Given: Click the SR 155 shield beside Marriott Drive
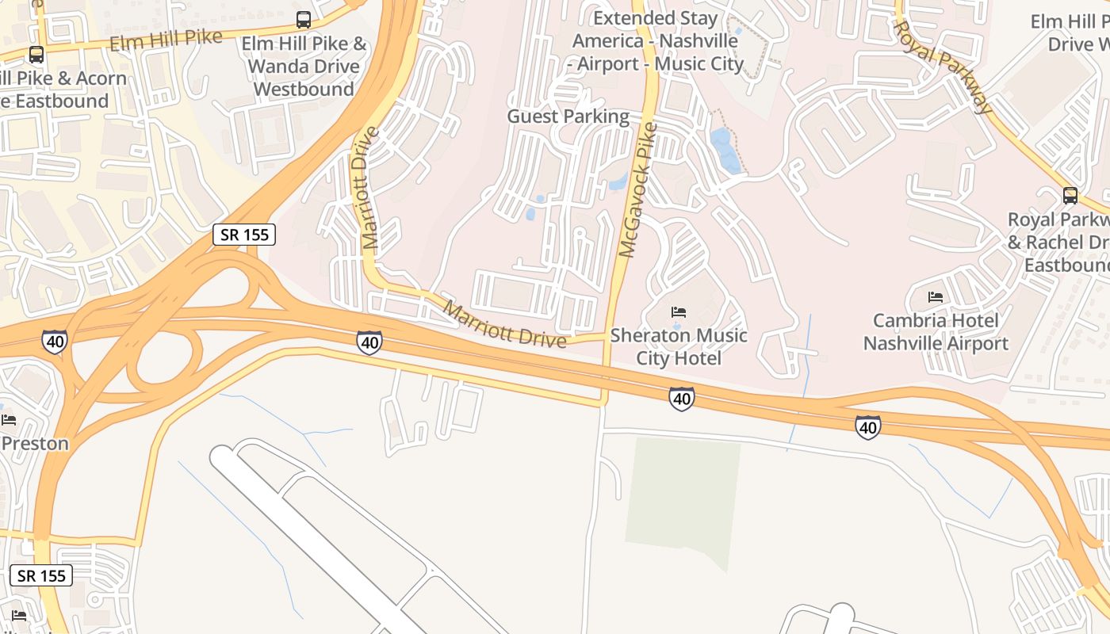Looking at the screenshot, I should pos(244,235).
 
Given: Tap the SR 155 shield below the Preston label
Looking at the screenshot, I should pos(41,575).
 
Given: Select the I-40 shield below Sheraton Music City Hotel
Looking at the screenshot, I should pos(682,399).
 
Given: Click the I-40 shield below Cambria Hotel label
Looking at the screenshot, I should pos(868,428).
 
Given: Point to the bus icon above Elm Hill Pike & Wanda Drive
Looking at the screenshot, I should pos(304,20).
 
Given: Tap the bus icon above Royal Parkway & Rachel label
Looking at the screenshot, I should pos(1070,195).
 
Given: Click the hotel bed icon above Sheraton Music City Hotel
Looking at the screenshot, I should pos(679,312).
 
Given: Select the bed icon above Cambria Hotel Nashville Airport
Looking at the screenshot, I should pos(936,298).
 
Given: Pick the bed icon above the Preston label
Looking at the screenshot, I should pos(9,419).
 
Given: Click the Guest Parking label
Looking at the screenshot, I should pos(568,116).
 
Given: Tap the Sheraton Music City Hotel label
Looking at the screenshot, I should pos(679,346).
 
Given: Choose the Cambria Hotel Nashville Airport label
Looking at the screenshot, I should pos(936,331).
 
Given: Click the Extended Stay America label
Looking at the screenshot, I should pos(657,40).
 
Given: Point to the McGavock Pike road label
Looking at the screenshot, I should pos(638,190).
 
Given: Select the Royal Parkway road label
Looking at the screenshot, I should pos(943,67).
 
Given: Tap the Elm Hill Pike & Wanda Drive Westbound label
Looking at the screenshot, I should pos(304,66).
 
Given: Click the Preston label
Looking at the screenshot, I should pos(35,443).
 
